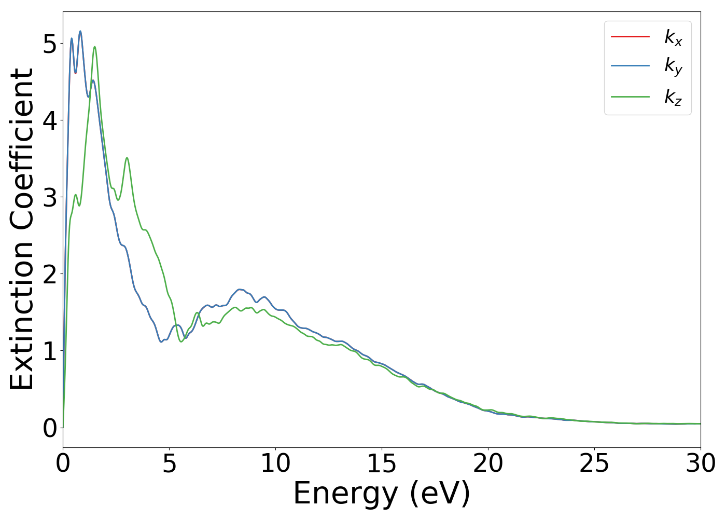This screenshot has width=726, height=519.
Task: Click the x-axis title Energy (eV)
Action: [x=382, y=493]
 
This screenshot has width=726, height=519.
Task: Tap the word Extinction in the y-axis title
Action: [x=22, y=317]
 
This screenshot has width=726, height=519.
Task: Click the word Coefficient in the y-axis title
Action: [x=22, y=151]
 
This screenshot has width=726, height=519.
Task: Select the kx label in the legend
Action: [x=673, y=37]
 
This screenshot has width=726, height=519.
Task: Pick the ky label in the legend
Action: [x=673, y=66]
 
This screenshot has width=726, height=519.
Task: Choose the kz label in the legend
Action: [x=673, y=97]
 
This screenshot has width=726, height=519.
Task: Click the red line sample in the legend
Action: [x=630, y=36]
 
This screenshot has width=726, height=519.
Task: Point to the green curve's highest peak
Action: [x=94, y=47]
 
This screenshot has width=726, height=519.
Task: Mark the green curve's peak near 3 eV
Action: [x=127, y=158]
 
